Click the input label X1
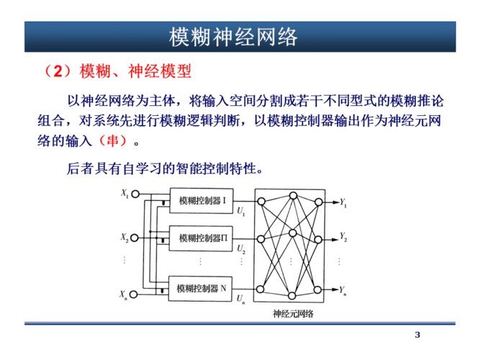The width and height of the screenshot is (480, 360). (124, 193)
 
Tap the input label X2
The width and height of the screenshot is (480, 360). (124, 237)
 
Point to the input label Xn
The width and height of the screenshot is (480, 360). (124, 294)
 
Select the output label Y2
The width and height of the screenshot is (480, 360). (343, 238)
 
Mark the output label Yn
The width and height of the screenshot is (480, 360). (343, 291)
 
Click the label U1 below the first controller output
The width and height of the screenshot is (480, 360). (240, 212)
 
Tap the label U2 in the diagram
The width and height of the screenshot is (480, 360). (241, 249)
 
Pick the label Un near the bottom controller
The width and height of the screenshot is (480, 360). (240, 299)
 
